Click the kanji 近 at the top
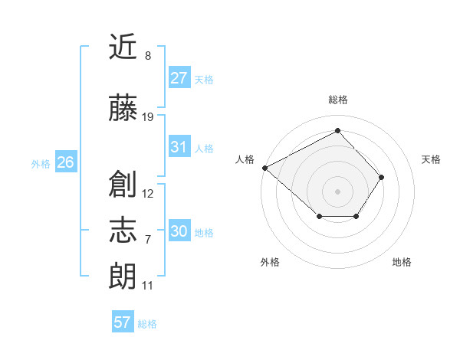tap(124, 47)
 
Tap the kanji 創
tap(124, 183)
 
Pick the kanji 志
tap(124, 230)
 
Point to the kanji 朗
tap(124, 275)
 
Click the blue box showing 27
tap(179, 78)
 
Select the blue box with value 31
tap(179, 147)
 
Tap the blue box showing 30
tap(179, 231)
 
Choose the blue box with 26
tap(65, 162)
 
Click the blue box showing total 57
tap(123, 322)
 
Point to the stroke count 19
tap(148, 117)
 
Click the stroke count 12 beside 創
tap(148, 193)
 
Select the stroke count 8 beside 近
tap(147, 56)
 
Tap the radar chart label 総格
tap(337, 100)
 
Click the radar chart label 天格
tap(432, 159)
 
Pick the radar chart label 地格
tap(402, 262)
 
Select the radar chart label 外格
tap(270, 262)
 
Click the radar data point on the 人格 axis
tap(264, 168)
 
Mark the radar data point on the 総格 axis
tap(337, 131)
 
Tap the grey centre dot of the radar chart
tap(337, 191)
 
